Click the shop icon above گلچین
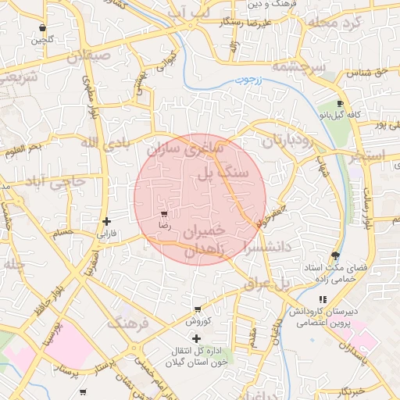41,28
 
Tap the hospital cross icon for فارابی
106,221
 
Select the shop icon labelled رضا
164,213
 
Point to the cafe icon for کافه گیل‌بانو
340,104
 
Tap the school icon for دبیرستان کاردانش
323,299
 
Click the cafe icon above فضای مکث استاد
335,255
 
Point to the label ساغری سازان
185,147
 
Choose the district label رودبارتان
286,141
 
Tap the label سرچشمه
298,68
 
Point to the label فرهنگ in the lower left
126,323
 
